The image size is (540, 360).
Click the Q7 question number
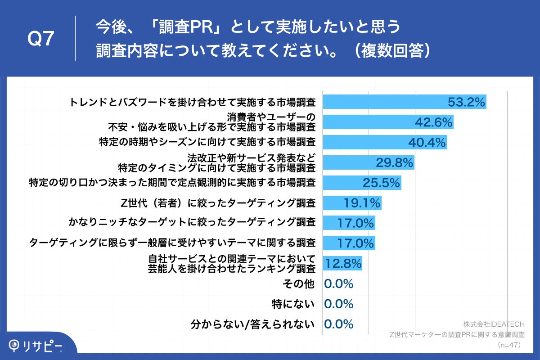[x=41, y=40]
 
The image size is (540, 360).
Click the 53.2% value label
[x=466, y=102]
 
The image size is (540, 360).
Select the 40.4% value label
[x=427, y=142]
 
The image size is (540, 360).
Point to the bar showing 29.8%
[x=369, y=162]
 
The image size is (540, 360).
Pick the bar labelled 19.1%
[x=352, y=203]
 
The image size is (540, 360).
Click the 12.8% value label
[x=343, y=264]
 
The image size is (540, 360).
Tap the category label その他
[x=298, y=283]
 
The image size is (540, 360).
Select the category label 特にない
[x=293, y=304]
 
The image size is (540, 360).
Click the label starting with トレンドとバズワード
[x=192, y=102]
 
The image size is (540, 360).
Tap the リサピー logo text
[x=43, y=345]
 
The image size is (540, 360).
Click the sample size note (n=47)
[x=509, y=345]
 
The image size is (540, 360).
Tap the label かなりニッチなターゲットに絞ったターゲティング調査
[x=192, y=223]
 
